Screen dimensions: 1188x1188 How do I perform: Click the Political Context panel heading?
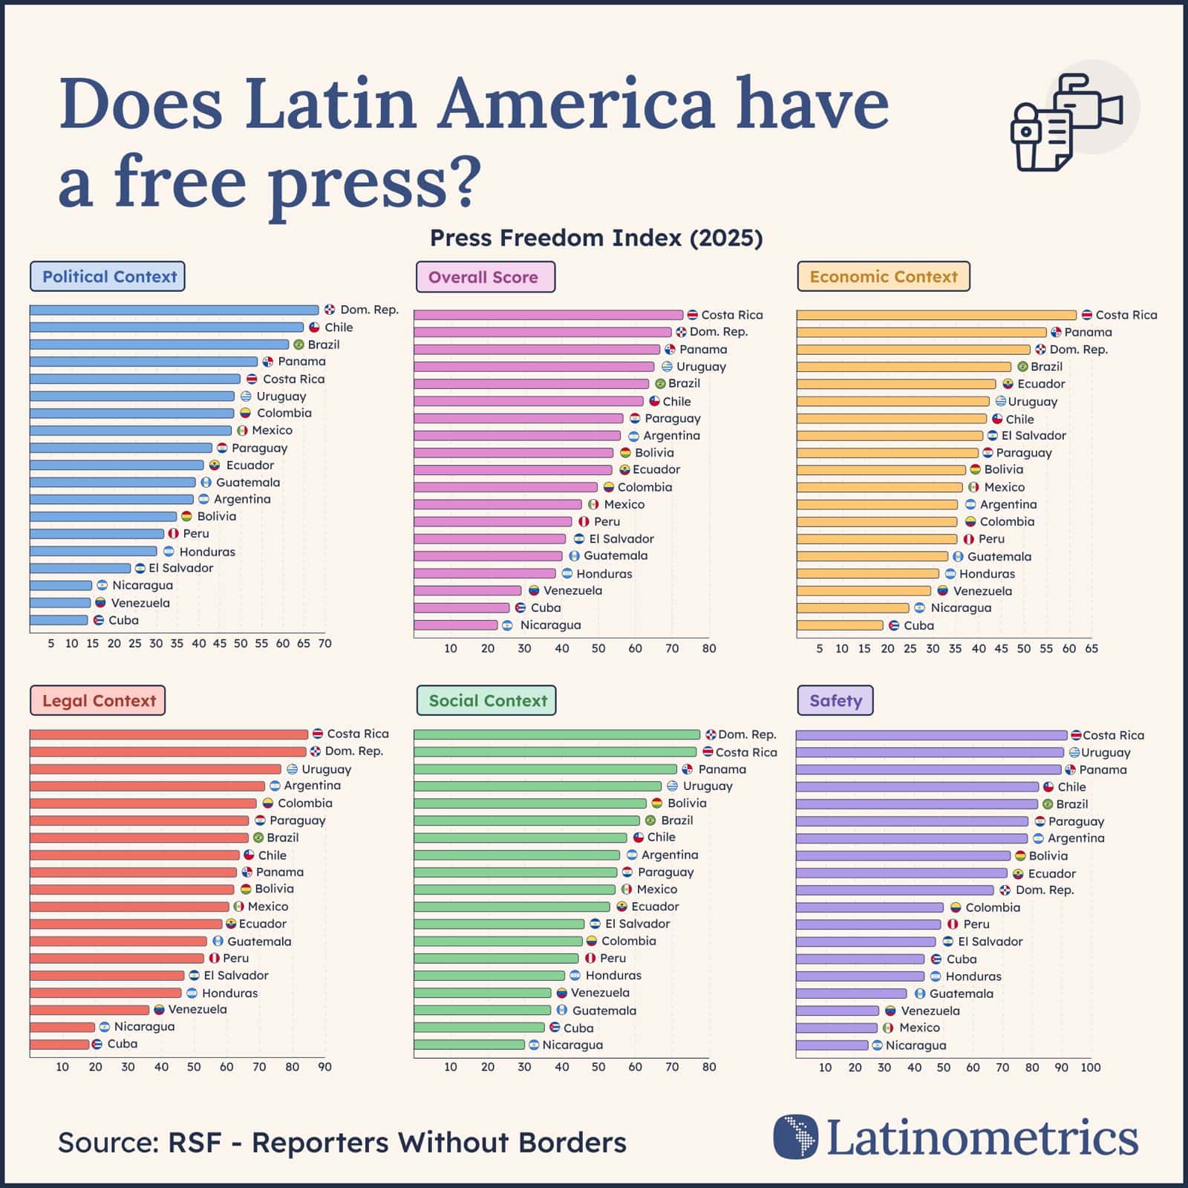[x=107, y=276]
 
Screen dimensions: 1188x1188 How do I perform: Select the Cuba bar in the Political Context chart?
[x=59, y=620]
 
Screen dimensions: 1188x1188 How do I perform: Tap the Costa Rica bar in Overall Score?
[x=547, y=315]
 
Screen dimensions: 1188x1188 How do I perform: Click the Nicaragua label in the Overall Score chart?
[x=549, y=625]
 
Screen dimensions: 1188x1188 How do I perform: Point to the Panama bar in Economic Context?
[x=921, y=332]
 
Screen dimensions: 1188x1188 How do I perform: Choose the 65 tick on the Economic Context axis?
[x=1091, y=648]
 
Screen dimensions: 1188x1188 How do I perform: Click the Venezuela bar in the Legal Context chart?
[x=89, y=1010]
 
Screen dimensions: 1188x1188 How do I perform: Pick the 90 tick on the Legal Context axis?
[x=324, y=1067]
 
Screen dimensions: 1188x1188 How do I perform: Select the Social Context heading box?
[x=486, y=700]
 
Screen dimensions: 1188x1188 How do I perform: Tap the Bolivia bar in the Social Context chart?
[x=529, y=803]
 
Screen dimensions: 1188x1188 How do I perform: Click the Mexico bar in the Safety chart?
[x=836, y=1028]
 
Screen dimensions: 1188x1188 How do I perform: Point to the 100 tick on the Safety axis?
[x=1090, y=1067]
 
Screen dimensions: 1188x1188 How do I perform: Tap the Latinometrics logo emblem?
[x=795, y=1137]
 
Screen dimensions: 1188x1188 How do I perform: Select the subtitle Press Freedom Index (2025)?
[x=596, y=238]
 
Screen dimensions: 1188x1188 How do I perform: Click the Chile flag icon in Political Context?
[x=314, y=327]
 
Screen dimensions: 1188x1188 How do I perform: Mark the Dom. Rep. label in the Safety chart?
[x=1044, y=890]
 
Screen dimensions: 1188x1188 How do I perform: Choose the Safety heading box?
[x=835, y=700]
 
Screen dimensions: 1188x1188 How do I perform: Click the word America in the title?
[x=575, y=104]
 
